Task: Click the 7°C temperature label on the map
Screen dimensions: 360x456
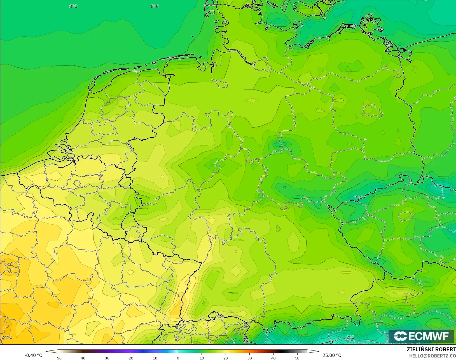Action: tap(358, 197)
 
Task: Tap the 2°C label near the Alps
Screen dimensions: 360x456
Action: tap(350, 337)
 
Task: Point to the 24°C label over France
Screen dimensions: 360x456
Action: tap(7, 337)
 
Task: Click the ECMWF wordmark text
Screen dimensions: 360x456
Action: tap(429, 336)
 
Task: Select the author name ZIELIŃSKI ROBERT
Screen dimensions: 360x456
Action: tap(431, 349)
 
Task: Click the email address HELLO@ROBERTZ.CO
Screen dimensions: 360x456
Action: tap(432, 356)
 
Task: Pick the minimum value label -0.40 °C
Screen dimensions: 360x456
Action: tap(33, 355)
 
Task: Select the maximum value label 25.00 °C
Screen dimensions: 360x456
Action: tap(332, 355)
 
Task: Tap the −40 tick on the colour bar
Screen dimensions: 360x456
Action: tap(82, 358)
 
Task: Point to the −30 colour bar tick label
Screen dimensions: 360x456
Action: tap(106, 358)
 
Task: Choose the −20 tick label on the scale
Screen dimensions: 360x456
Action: tap(130, 358)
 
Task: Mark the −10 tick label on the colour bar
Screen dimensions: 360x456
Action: tap(154, 358)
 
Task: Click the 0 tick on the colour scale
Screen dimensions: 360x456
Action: tap(178, 358)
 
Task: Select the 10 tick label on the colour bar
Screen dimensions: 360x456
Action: tap(202, 358)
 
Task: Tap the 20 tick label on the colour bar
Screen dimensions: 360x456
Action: tap(226, 358)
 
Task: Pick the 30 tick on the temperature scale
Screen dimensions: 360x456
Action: tap(250, 358)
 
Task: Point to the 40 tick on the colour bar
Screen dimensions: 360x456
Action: tap(273, 358)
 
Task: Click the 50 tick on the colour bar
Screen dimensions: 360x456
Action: tap(297, 358)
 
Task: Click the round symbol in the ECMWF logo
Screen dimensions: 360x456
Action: tap(400, 336)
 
